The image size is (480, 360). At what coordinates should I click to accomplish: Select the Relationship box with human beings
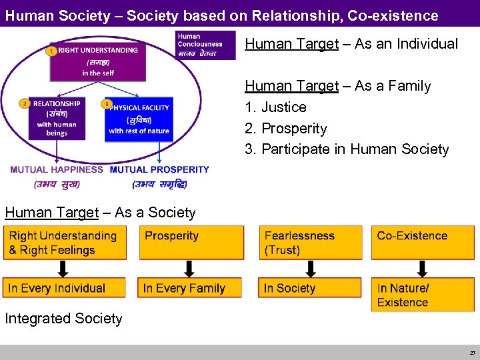(57, 119)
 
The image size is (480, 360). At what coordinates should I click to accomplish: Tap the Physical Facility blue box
(139, 119)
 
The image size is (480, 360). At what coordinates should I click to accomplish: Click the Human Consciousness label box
(205, 45)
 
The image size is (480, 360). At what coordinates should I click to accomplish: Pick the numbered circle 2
(24, 104)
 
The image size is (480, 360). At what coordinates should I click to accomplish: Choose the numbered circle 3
(107, 104)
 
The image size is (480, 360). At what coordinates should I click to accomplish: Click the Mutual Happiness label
(57, 170)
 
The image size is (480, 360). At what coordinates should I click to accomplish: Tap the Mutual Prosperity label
(159, 170)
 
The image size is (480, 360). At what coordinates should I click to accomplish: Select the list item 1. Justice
(276, 107)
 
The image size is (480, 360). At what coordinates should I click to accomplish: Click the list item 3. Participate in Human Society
(347, 149)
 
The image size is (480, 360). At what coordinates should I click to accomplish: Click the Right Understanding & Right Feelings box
(64, 243)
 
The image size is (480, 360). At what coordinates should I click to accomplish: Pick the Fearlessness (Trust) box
(310, 243)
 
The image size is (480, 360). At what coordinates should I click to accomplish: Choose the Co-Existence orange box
(423, 243)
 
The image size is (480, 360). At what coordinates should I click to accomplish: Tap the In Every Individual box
(64, 288)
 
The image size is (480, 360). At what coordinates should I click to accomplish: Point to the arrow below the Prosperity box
(189, 269)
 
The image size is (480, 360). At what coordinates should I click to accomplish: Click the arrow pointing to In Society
(310, 269)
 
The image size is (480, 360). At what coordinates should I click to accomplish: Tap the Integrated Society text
(64, 319)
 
